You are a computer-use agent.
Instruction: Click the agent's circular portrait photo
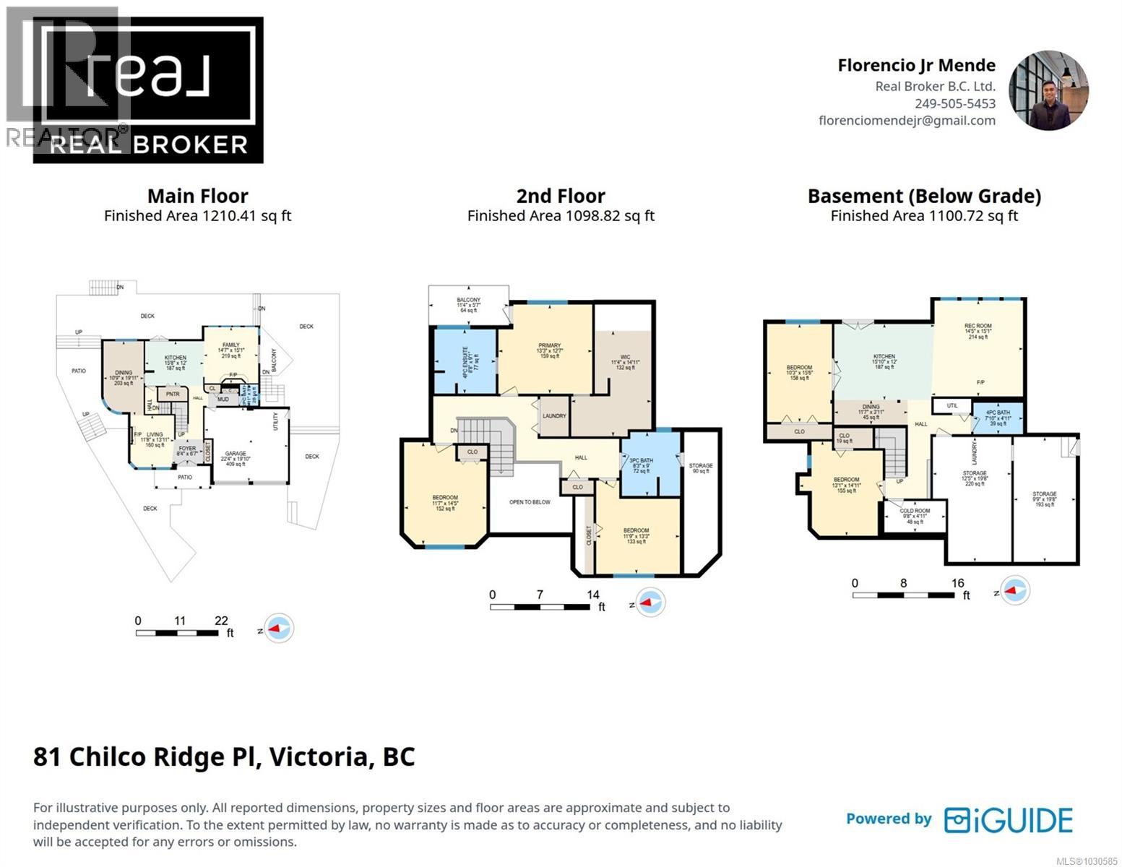coord(1048,91)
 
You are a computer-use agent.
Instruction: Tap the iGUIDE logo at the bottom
coord(1009,820)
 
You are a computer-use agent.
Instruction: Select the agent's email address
coord(907,121)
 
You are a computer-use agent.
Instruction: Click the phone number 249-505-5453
coord(954,103)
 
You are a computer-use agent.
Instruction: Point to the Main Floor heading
coord(197,196)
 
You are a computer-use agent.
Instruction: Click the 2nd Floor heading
coord(561,196)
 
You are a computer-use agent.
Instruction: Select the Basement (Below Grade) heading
coord(923,196)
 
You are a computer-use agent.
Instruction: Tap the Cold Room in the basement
coord(915,515)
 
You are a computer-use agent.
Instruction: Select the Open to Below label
coord(530,502)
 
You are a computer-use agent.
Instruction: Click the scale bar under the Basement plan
coord(902,595)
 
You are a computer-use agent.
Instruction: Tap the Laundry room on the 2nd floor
coord(554,417)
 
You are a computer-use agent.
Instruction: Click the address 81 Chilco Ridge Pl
coord(224,756)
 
